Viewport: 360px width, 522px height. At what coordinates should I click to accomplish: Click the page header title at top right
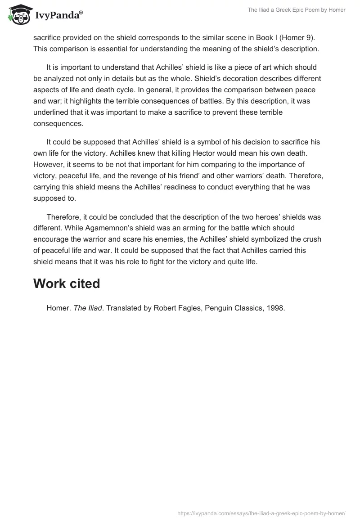click(296, 10)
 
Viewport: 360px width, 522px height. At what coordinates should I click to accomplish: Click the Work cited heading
click(66, 283)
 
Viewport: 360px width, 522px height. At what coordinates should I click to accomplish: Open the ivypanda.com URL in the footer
click(261, 513)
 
